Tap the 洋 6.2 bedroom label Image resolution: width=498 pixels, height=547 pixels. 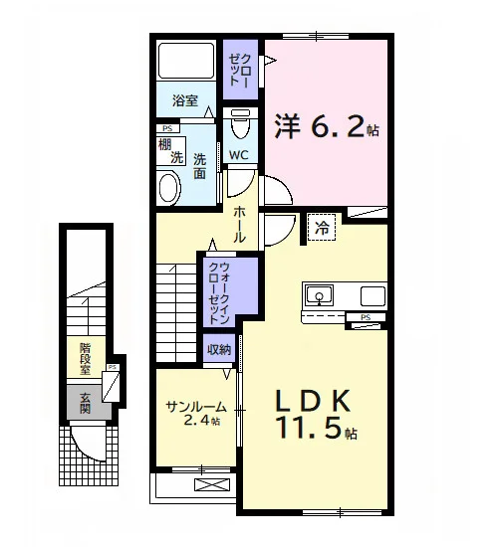tap(327, 126)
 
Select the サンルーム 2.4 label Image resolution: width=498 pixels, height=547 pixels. tap(195, 414)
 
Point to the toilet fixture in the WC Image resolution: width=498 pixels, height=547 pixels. tap(240, 124)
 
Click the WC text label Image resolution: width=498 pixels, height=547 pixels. tap(239, 155)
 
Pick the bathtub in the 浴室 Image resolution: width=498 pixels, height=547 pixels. tap(185, 61)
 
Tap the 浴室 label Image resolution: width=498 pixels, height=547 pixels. tap(185, 101)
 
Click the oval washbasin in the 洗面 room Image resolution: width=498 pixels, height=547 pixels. tap(170, 189)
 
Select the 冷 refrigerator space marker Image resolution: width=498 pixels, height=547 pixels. tap(322, 228)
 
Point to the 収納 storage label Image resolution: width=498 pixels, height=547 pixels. tap(219, 349)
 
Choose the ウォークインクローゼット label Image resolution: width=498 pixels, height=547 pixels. tap(220, 293)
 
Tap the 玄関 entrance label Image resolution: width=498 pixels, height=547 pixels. tap(85, 403)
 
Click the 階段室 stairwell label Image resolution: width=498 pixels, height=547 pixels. tap(85, 359)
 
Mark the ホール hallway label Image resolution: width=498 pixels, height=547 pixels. tap(240, 225)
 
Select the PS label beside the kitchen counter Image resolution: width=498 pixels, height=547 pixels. tap(366, 317)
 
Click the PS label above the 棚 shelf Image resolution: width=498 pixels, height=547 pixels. tap(167, 128)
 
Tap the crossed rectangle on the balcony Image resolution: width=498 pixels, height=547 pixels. tap(212, 485)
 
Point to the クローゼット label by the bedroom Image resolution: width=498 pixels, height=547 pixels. tap(239, 71)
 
